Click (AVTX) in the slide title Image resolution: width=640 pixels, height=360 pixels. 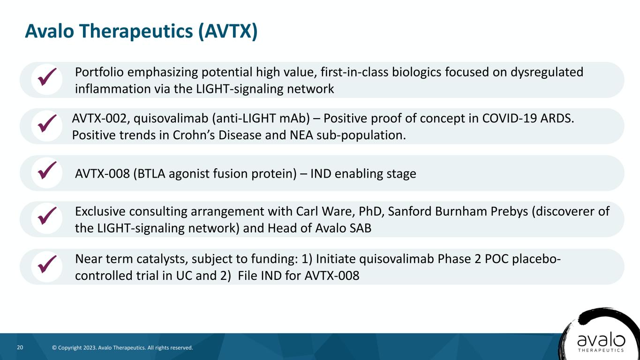point(228,31)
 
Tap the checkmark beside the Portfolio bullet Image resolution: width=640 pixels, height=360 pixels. point(47,77)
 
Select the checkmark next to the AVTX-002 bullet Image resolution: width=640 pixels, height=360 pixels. point(47,123)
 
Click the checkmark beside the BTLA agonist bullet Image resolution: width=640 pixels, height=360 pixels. point(47,170)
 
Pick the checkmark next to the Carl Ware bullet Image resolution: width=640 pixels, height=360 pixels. point(47,216)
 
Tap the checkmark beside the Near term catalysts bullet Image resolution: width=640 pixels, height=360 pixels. point(47,264)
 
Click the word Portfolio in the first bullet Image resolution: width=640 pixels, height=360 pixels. point(99,72)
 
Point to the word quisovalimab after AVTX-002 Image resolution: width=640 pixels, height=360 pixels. point(171,119)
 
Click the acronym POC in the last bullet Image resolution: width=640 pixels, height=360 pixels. point(497,259)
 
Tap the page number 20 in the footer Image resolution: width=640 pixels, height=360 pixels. point(20,347)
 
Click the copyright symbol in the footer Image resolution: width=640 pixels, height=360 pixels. point(54,348)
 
